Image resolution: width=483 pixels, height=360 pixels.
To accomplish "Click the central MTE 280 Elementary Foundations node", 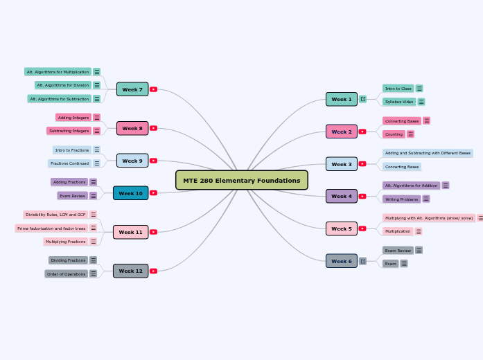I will pyautogui.click(x=241, y=180).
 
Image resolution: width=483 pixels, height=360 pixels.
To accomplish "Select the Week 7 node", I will pyautogui.click(x=132, y=89).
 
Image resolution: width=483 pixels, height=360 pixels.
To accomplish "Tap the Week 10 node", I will pyautogui.click(x=130, y=193).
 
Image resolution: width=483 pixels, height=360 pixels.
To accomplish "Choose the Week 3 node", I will pyautogui.click(x=341, y=164).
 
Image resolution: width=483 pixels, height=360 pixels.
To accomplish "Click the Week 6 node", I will pyautogui.click(x=341, y=261).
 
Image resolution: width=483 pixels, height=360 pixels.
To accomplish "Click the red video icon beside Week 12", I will pyautogui.click(x=153, y=271).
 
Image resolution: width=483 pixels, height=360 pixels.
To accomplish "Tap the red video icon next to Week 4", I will pyautogui.click(x=362, y=196).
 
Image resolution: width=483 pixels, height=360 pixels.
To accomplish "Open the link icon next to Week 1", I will pyautogui.click(x=362, y=99).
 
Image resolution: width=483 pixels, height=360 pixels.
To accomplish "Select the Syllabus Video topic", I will pyautogui.click(x=398, y=102).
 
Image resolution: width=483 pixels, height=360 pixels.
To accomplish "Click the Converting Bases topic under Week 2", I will pyautogui.click(x=402, y=121).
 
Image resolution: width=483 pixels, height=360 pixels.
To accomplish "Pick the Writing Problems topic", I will pyautogui.click(x=401, y=199).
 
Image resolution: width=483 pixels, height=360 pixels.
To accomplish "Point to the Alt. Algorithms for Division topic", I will pyautogui.click(x=63, y=85).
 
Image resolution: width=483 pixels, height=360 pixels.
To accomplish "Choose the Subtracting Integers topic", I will pyautogui.click(x=69, y=131).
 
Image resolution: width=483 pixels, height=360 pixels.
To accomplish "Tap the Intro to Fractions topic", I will pyautogui.click(x=71, y=150).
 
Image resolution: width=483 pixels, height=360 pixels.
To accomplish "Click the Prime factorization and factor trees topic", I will pyautogui.click(x=51, y=228).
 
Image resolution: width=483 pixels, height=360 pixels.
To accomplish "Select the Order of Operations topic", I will pyautogui.click(x=67, y=274).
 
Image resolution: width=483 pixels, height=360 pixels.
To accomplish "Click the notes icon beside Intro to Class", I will pyautogui.click(x=419, y=89).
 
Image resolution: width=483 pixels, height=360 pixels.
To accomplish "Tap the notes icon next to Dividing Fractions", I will pyautogui.click(x=94, y=260).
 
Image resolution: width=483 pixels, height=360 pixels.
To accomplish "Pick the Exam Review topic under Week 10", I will pyautogui.click(x=72, y=196).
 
